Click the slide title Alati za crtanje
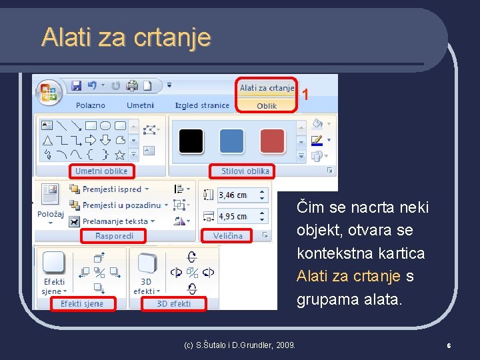pyautogui.click(x=126, y=37)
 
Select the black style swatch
pyautogui.click(x=191, y=141)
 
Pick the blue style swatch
pyautogui.click(x=232, y=141)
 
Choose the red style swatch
pyautogui.click(x=272, y=141)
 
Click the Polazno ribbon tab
pyautogui.click(x=91, y=105)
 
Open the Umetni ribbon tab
pyautogui.click(x=140, y=105)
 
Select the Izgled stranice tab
pyautogui.click(x=202, y=105)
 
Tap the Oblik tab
pyautogui.click(x=267, y=105)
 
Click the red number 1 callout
pyautogui.click(x=305, y=95)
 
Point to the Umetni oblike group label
pyautogui.click(x=101, y=171)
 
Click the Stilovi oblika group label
pyautogui.click(x=245, y=171)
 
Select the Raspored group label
pyautogui.click(x=114, y=236)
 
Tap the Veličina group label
pyautogui.click(x=228, y=236)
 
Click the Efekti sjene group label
pyautogui.click(x=82, y=304)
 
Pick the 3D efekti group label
pyautogui.click(x=173, y=304)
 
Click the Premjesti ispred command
pyautogui.click(x=112, y=189)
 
